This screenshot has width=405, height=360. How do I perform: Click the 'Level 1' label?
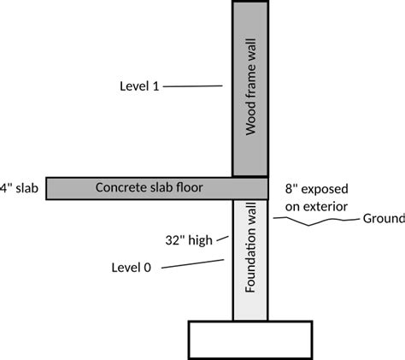coord(139,86)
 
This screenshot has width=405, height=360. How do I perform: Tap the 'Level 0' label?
coord(131,268)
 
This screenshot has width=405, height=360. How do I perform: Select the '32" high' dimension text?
coord(189,240)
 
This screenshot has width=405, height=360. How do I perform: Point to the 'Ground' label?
coord(384,219)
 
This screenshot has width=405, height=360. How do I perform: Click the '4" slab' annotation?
coord(19,188)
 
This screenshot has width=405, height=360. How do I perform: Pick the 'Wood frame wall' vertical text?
coord(250,86)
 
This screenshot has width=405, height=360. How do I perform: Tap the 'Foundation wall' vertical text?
coord(250,247)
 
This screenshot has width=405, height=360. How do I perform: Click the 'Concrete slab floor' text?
coord(150,187)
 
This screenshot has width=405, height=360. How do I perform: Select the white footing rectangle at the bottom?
coord(250,339)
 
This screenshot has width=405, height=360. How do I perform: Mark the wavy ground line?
coord(316,221)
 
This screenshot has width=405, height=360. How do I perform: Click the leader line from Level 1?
coord(192,86)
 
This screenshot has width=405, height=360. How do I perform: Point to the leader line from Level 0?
coord(192,263)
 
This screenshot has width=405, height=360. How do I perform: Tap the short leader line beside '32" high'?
coord(222,239)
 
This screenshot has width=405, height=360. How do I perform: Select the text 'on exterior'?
coord(316,207)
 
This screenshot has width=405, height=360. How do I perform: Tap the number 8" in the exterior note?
coord(291,189)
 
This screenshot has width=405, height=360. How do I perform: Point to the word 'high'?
coord(201,240)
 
